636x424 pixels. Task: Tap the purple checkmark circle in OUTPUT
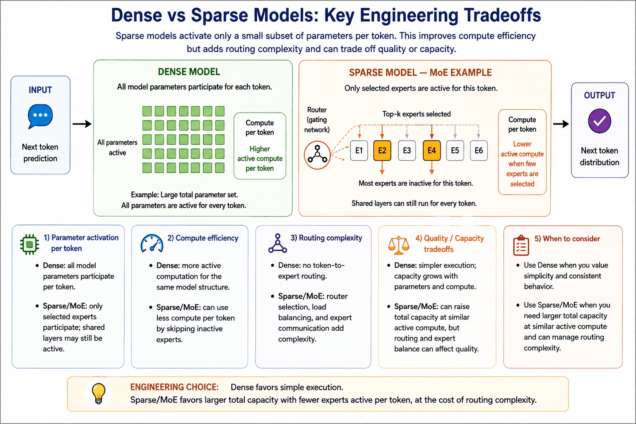[x=600, y=121]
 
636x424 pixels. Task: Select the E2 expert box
[x=382, y=151]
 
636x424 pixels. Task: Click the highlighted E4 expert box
[x=431, y=151]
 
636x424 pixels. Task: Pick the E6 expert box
[x=479, y=151]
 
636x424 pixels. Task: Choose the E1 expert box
[x=359, y=151]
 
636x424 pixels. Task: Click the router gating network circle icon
[x=318, y=155]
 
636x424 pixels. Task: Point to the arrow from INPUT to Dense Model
[x=82, y=124]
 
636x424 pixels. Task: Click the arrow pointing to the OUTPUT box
[x=561, y=124]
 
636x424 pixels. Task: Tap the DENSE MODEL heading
[x=189, y=72]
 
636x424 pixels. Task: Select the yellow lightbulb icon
[x=99, y=393]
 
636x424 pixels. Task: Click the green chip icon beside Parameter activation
[x=29, y=244]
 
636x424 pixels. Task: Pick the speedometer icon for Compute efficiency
[x=152, y=243]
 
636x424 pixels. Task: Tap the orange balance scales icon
[x=399, y=245]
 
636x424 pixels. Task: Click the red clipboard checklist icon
[x=521, y=246]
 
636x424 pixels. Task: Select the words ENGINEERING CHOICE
[x=174, y=387]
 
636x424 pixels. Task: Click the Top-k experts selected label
[x=417, y=114]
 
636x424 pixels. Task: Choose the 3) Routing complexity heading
[x=326, y=238]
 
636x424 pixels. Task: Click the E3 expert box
[x=407, y=151]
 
